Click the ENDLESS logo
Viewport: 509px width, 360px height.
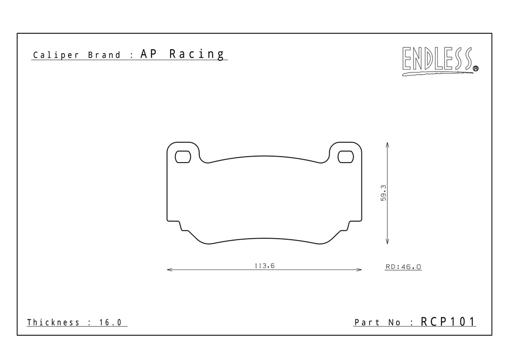[x=440, y=61]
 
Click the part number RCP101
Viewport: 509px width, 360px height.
[x=448, y=322]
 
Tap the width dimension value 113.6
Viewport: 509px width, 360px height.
[x=264, y=266]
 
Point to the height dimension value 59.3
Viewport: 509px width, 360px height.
[x=383, y=193]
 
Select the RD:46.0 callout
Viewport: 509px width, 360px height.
[x=403, y=267]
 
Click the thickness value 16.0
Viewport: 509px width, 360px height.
[x=110, y=322]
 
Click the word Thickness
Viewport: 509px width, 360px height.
[x=53, y=322]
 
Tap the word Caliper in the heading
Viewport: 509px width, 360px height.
[x=56, y=55]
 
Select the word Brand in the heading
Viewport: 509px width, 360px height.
[x=104, y=55]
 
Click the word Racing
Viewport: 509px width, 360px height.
[x=197, y=54]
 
